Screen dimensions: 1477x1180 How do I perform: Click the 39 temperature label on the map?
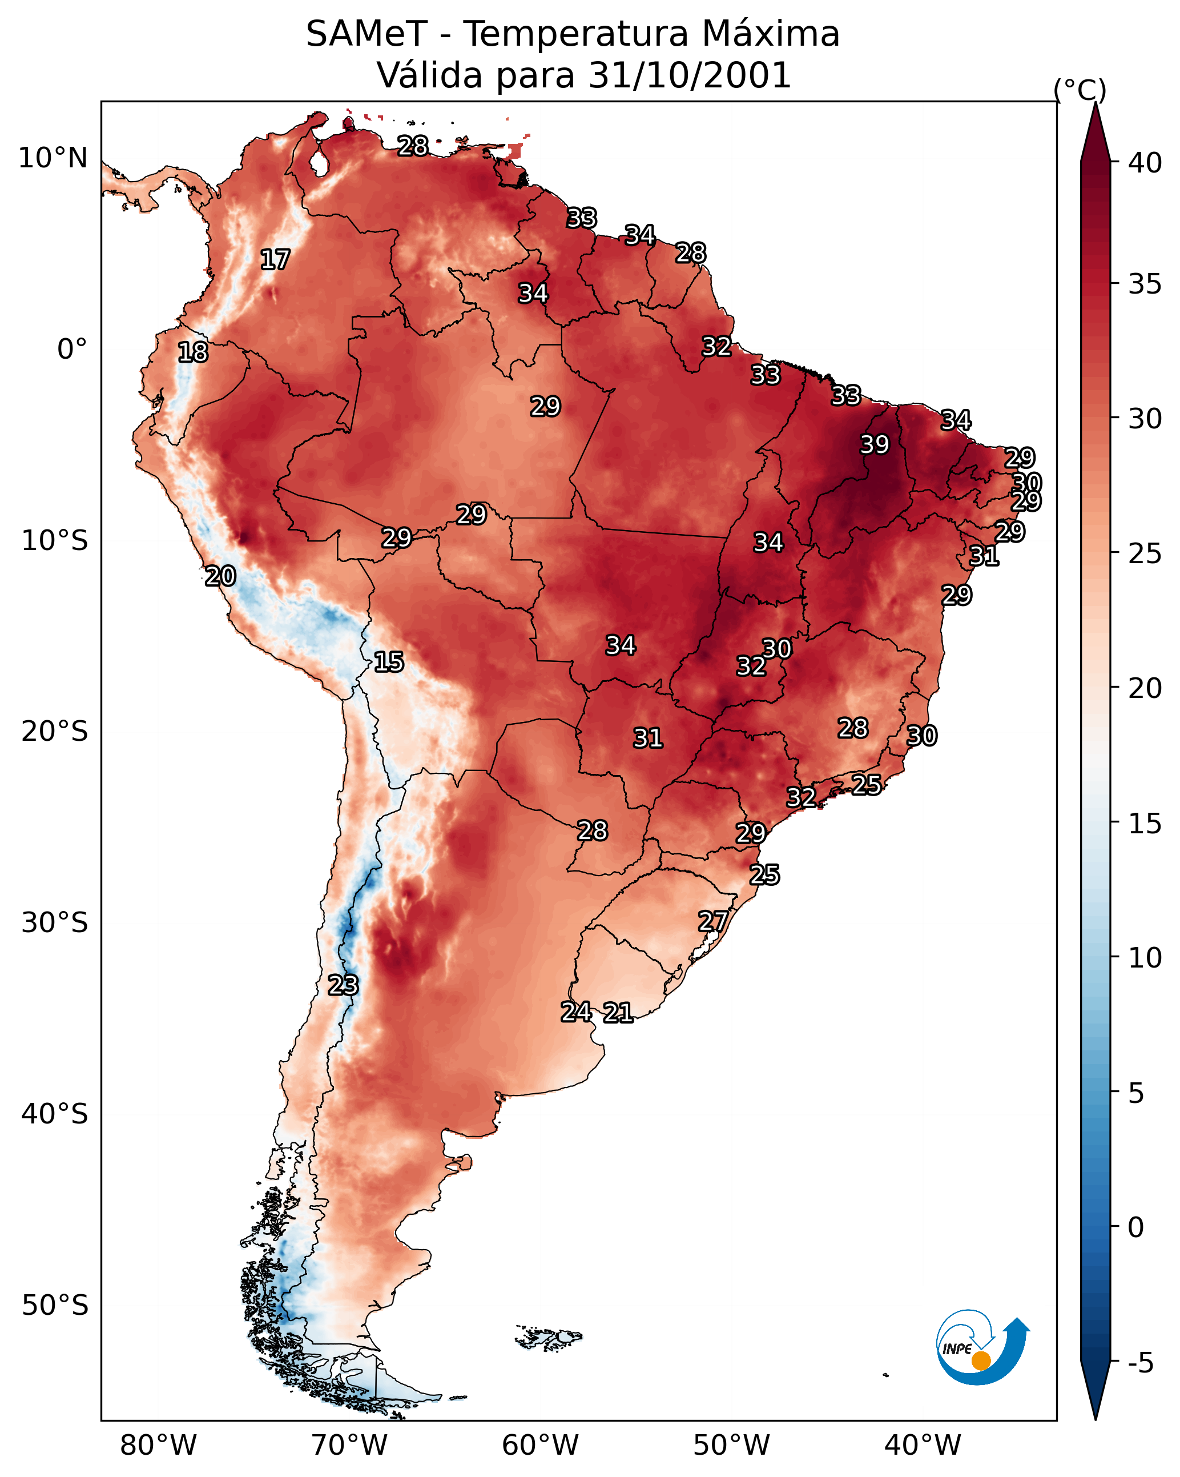coord(875,444)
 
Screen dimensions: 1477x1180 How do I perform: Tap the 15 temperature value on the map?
coord(388,662)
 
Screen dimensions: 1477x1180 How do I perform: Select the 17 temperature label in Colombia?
coord(275,260)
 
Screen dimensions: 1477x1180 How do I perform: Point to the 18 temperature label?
coord(192,352)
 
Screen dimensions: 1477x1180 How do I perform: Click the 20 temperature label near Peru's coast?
coord(220,576)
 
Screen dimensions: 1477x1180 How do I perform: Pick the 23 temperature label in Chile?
coord(343,985)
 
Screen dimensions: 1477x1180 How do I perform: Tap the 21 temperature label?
coord(618,1013)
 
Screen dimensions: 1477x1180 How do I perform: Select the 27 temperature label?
coord(713,921)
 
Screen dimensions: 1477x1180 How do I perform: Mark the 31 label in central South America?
coord(648,738)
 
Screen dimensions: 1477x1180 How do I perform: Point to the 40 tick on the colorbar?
coord(1145,163)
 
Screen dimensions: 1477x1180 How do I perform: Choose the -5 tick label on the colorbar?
coord(1141,1363)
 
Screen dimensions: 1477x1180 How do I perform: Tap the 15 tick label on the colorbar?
coord(1145,824)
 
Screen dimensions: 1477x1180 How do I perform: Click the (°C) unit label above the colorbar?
coord(1080,90)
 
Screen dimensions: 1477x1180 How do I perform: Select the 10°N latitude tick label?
coord(53,158)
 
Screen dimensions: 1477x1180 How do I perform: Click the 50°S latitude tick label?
coord(55,1306)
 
